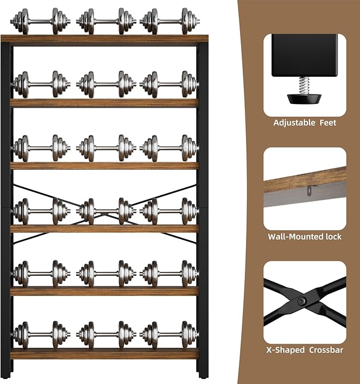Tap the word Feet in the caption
pos(328,123)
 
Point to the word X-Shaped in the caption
pos(285,350)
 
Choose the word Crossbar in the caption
pos(326,350)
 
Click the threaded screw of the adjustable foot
pos(304,85)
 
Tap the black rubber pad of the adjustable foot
pos(304,99)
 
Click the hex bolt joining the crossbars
pos(301,301)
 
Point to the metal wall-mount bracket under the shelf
pos(310,190)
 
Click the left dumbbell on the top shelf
pos(40,22)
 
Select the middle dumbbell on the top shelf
pos(106,22)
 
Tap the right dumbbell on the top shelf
pos(170,22)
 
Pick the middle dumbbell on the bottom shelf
pos(106,335)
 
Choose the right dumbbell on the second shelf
pos(170,84)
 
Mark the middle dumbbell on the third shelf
pos(106,148)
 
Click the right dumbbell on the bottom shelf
pos(170,335)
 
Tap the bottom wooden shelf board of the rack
pos(104,354)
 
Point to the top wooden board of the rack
pos(104,40)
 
